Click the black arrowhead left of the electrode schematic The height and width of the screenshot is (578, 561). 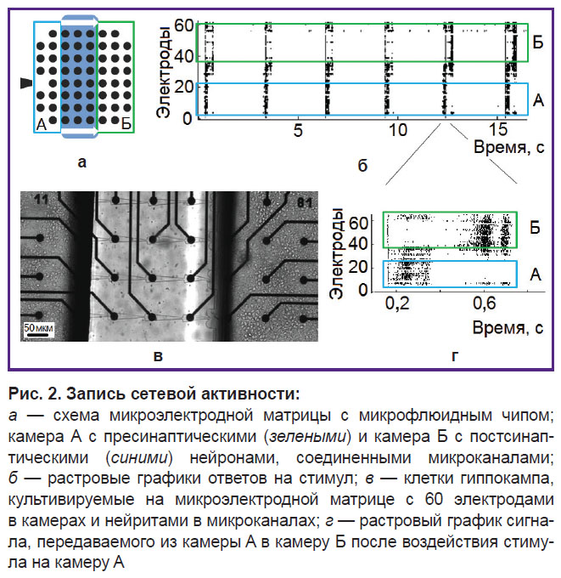pyautogui.click(x=25, y=83)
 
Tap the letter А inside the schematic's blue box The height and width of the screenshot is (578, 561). pyautogui.click(x=42, y=125)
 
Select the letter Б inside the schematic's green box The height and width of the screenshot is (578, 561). pyautogui.click(x=126, y=124)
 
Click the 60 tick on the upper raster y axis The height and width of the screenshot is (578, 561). pyautogui.click(x=183, y=25)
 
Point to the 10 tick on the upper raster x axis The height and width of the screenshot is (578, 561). pyautogui.click(x=397, y=130)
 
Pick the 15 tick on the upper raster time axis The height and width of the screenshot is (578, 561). pyautogui.click(x=497, y=130)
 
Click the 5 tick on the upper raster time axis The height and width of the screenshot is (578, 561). pyautogui.click(x=298, y=130)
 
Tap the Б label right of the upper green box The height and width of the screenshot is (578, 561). pyautogui.click(x=538, y=42)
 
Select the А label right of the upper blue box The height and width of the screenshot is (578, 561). pyautogui.click(x=538, y=100)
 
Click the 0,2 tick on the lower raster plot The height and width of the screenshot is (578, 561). pyautogui.click(x=397, y=303)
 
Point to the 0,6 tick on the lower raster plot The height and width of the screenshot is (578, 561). pyautogui.click(x=485, y=303)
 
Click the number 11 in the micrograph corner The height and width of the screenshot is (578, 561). pyautogui.click(x=41, y=200)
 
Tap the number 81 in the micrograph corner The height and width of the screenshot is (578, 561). pyautogui.click(x=305, y=203)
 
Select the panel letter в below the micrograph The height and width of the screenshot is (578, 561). pyautogui.click(x=158, y=356)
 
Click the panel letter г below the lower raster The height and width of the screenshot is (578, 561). pyautogui.click(x=455, y=356)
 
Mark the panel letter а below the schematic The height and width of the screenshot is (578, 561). pyautogui.click(x=82, y=161)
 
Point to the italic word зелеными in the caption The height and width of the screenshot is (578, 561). pyautogui.click(x=308, y=437)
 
